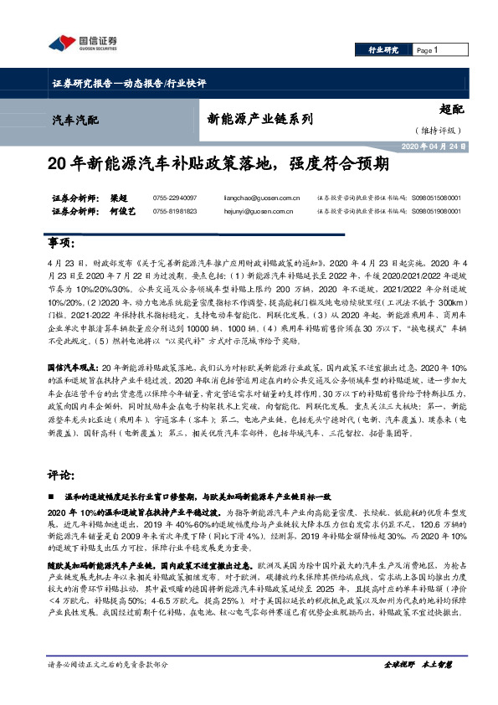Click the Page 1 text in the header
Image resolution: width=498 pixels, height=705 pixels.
(x=428, y=50)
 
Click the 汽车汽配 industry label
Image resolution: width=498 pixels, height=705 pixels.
(x=74, y=119)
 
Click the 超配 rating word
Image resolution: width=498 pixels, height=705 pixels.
(x=450, y=109)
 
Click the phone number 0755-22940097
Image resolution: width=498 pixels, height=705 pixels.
(x=175, y=198)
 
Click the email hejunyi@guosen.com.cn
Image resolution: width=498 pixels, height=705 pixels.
(x=261, y=212)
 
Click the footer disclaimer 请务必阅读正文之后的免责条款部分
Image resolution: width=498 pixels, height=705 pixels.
(x=109, y=687)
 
